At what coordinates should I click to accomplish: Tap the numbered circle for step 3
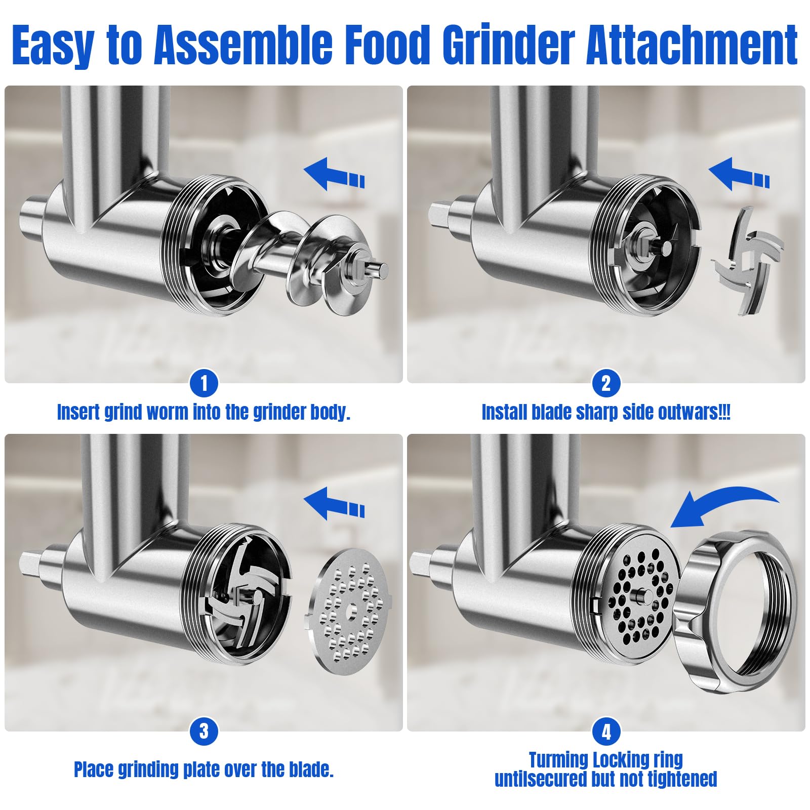pos(204,732)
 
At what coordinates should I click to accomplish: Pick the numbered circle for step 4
pos(606,732)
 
